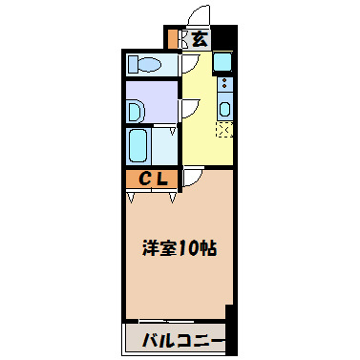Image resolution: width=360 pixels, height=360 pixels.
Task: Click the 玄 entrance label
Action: [x=199, y=39]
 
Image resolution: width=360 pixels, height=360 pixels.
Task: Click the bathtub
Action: [x=138, y=147]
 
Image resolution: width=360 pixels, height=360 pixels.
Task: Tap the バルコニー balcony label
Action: [x=182, y=341]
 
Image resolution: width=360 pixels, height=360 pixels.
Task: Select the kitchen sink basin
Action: [x=224, y=109]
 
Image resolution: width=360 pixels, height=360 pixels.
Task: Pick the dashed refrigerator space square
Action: [x=224, y=131]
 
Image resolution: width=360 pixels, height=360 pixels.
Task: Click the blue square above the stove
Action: [x=222, y=63]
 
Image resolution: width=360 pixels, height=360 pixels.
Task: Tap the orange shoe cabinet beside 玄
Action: [x=174, y=39]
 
